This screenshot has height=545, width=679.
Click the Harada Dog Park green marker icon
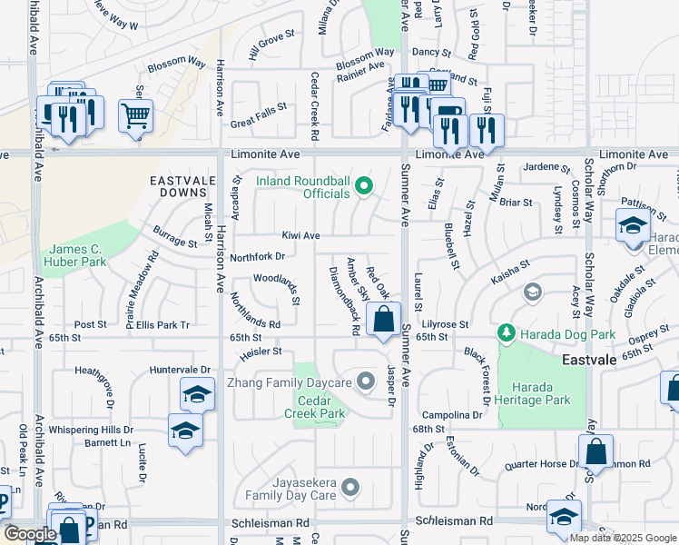(x=506, y=334)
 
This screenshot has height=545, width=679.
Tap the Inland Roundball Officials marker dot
(x=364, y=187)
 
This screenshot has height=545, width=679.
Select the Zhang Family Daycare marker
(x=366, y=381)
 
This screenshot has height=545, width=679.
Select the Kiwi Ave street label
(x=300, y=236)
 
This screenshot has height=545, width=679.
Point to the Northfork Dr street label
(x=259, y=257)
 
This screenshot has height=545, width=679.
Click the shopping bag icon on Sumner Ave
(x=384, y=319)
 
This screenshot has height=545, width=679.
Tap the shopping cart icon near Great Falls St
(x=135, y=115)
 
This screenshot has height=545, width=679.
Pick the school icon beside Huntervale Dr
(x=196, y=395)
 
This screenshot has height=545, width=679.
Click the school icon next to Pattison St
(x=632, y=224)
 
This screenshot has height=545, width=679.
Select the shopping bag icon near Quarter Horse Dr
(x=595, y=451)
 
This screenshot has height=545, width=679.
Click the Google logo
(x=29, y=533)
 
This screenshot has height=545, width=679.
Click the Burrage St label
(x=174, y=238)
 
